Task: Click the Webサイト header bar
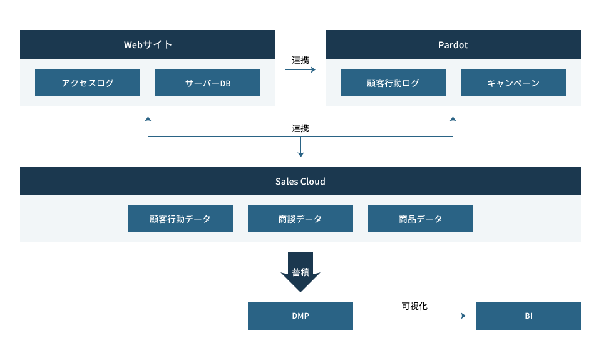point(148,44)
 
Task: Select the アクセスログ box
point(87,83)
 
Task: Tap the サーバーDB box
point(207,83)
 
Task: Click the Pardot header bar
point(453,44)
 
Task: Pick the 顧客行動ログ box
point(393,83)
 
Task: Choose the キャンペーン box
point(513,83)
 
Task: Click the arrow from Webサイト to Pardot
point(300,70)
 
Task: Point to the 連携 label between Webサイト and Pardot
point(300,60)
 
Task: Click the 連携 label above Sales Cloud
point(300,128)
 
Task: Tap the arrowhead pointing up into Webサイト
point(148,118)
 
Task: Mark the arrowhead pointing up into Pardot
point(453,118)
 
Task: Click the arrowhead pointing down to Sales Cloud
point(300,154)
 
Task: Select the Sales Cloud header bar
point(300,181)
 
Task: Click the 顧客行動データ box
point(180,219)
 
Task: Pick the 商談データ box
point(300,219)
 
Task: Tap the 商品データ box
point(420,219)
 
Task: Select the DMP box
point(300,316)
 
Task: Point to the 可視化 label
point(414,306)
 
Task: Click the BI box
point(528,316)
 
